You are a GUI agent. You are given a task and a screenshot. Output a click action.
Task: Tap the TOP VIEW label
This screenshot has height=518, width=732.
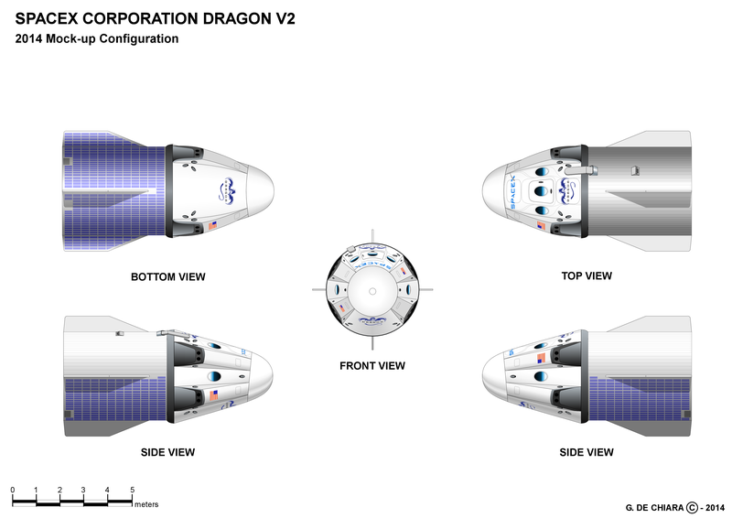tap(587, 275)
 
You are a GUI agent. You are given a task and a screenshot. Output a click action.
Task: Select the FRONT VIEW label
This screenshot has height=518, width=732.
tap(371, 365)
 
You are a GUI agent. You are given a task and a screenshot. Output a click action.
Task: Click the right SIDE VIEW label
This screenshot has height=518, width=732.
tap(587, 452)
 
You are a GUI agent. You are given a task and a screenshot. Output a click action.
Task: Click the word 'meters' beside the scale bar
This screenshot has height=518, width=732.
tap(147, 503)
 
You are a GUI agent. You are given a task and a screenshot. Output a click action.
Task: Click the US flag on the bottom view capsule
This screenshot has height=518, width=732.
tap(213, 225)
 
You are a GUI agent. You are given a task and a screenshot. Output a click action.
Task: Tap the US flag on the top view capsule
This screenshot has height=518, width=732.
tap(541, 225)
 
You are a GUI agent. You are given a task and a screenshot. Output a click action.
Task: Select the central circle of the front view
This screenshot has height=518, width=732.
tap(371, 290)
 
